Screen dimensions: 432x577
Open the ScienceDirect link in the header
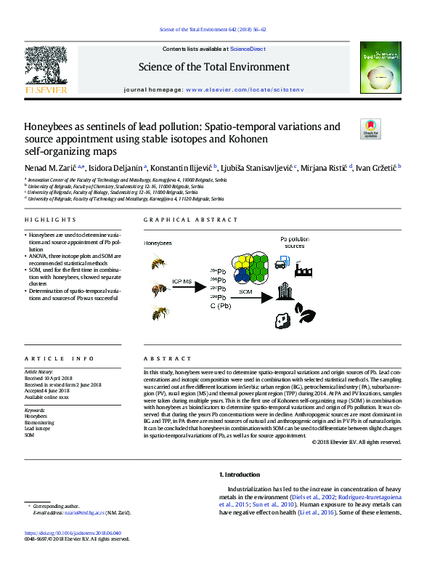(248, 49)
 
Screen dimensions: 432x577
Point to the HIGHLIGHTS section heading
(50, 219)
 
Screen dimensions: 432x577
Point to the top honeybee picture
(159, 261)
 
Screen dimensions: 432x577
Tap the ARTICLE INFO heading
(60, 358)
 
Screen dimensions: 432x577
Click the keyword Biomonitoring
(40, 421)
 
